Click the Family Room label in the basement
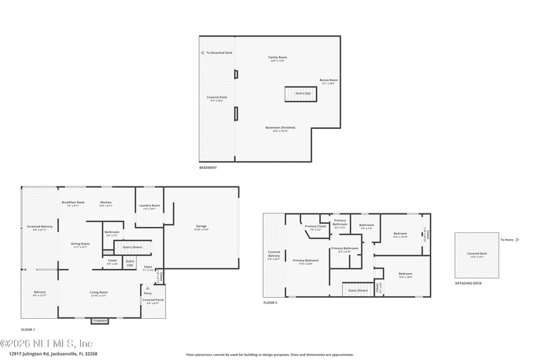coord(277,57)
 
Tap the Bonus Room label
coord(329,80)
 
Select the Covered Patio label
coord(217,98)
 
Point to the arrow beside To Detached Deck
coord(202,52)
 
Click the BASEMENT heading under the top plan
coord(208,168)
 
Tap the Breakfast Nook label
coord(72,203)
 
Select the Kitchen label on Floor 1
coord(105,203)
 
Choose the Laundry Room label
coord(149,205)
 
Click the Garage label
coord(201,226)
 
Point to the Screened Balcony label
coord(39,227)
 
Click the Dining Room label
coord(80,244)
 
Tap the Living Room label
coord(99,292)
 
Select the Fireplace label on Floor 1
coord(100,320)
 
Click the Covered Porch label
coord(153,299)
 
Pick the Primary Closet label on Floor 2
coord(315,226)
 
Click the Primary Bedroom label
coord(305,260)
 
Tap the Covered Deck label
coord(477,254)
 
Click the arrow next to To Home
coord(518,240)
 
